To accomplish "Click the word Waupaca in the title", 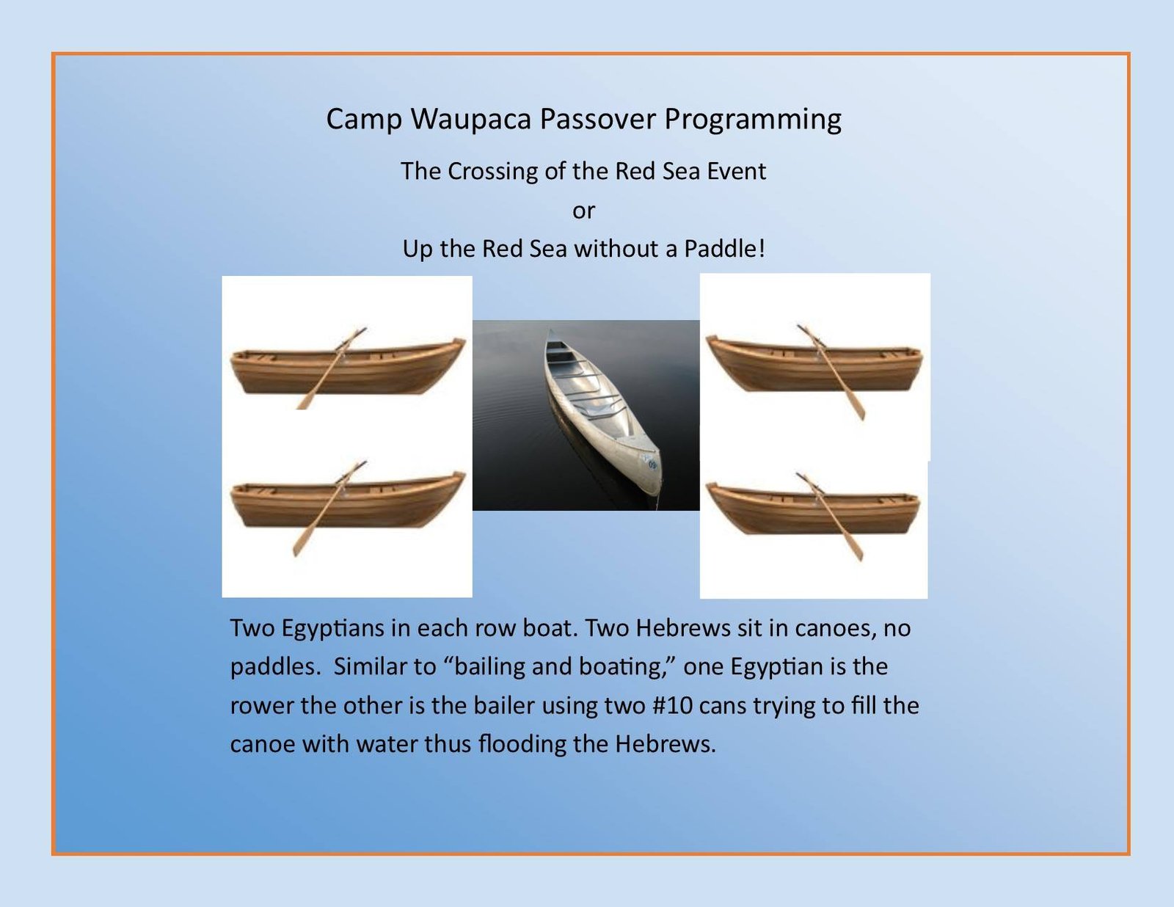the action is pyautogui.click(x=471, y=120).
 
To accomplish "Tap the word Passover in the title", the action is pyautogui.click(x=598, y=118).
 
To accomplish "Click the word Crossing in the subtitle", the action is pyautogui.click(x=492, y=172).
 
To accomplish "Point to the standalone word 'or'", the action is pyautogui.click(x=583, y=211).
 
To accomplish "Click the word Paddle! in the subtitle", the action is pyautogui.click(x=724, y=249).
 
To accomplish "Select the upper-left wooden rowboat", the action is pyautogui.click(x=347, y=368).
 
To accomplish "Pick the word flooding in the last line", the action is pyautogui.click(x=522, y=744).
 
